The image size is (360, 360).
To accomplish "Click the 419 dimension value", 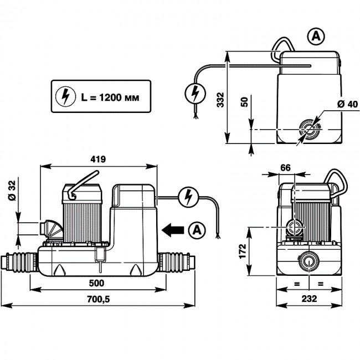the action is tap(98, 159).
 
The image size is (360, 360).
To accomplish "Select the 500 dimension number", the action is tap(97, 283).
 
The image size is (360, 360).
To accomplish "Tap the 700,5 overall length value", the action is tap(99, 299).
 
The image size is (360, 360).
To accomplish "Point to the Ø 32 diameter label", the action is tap(12, 191).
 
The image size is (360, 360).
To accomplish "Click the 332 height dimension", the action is tap(220, 100).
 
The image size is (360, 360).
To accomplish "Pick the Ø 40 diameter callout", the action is tap(347, 104).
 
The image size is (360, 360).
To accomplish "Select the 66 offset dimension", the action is tap(285, 168).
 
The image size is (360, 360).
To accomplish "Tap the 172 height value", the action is tap(243, 251).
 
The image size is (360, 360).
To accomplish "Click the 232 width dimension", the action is tap(309, 299).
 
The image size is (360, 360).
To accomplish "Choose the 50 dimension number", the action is tap(244, 102).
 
